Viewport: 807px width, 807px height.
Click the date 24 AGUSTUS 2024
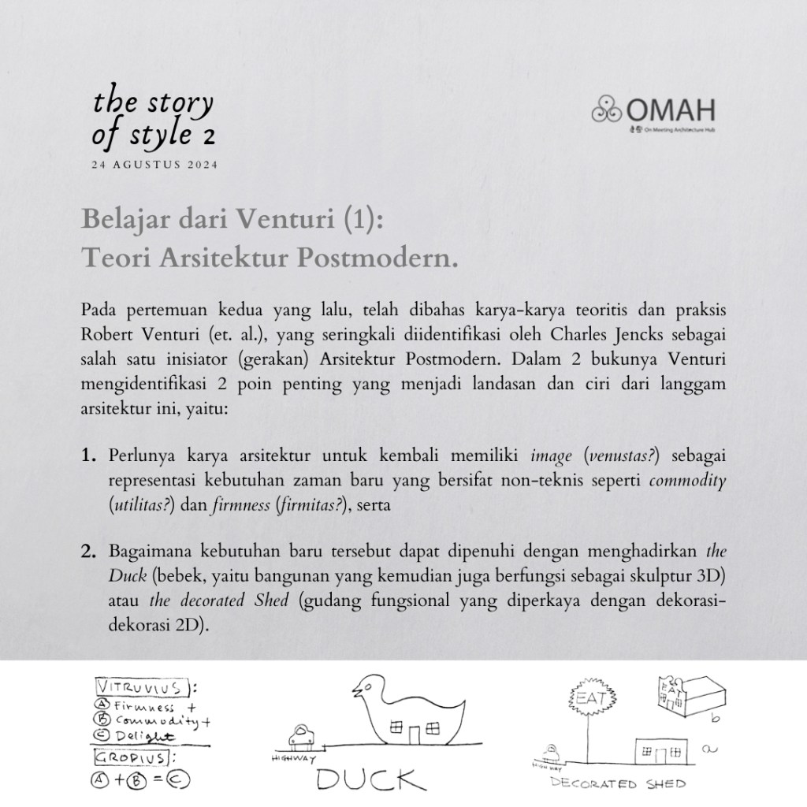point(155,165)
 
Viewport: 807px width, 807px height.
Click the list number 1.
point(87,456)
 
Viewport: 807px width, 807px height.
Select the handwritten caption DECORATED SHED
point(616,784)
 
